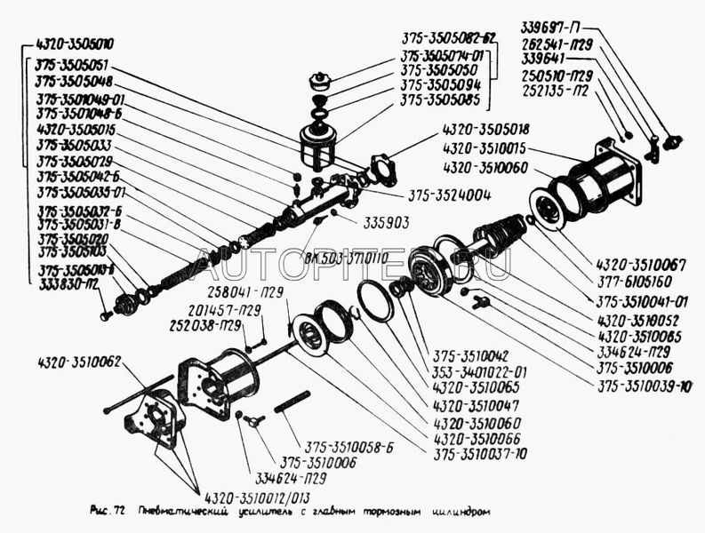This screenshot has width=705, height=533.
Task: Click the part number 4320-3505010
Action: point(76,44)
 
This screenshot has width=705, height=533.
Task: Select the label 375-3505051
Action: point(73,64)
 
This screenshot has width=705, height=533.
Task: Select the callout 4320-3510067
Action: point(638,264)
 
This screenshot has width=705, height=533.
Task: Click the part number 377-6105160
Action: point(634,281)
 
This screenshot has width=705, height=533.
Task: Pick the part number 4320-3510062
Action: point(79,362)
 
